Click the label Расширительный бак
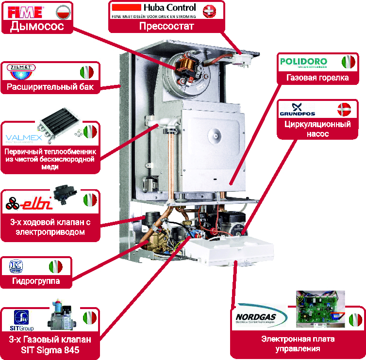pos(50,88)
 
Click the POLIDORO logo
pos(304,62)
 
